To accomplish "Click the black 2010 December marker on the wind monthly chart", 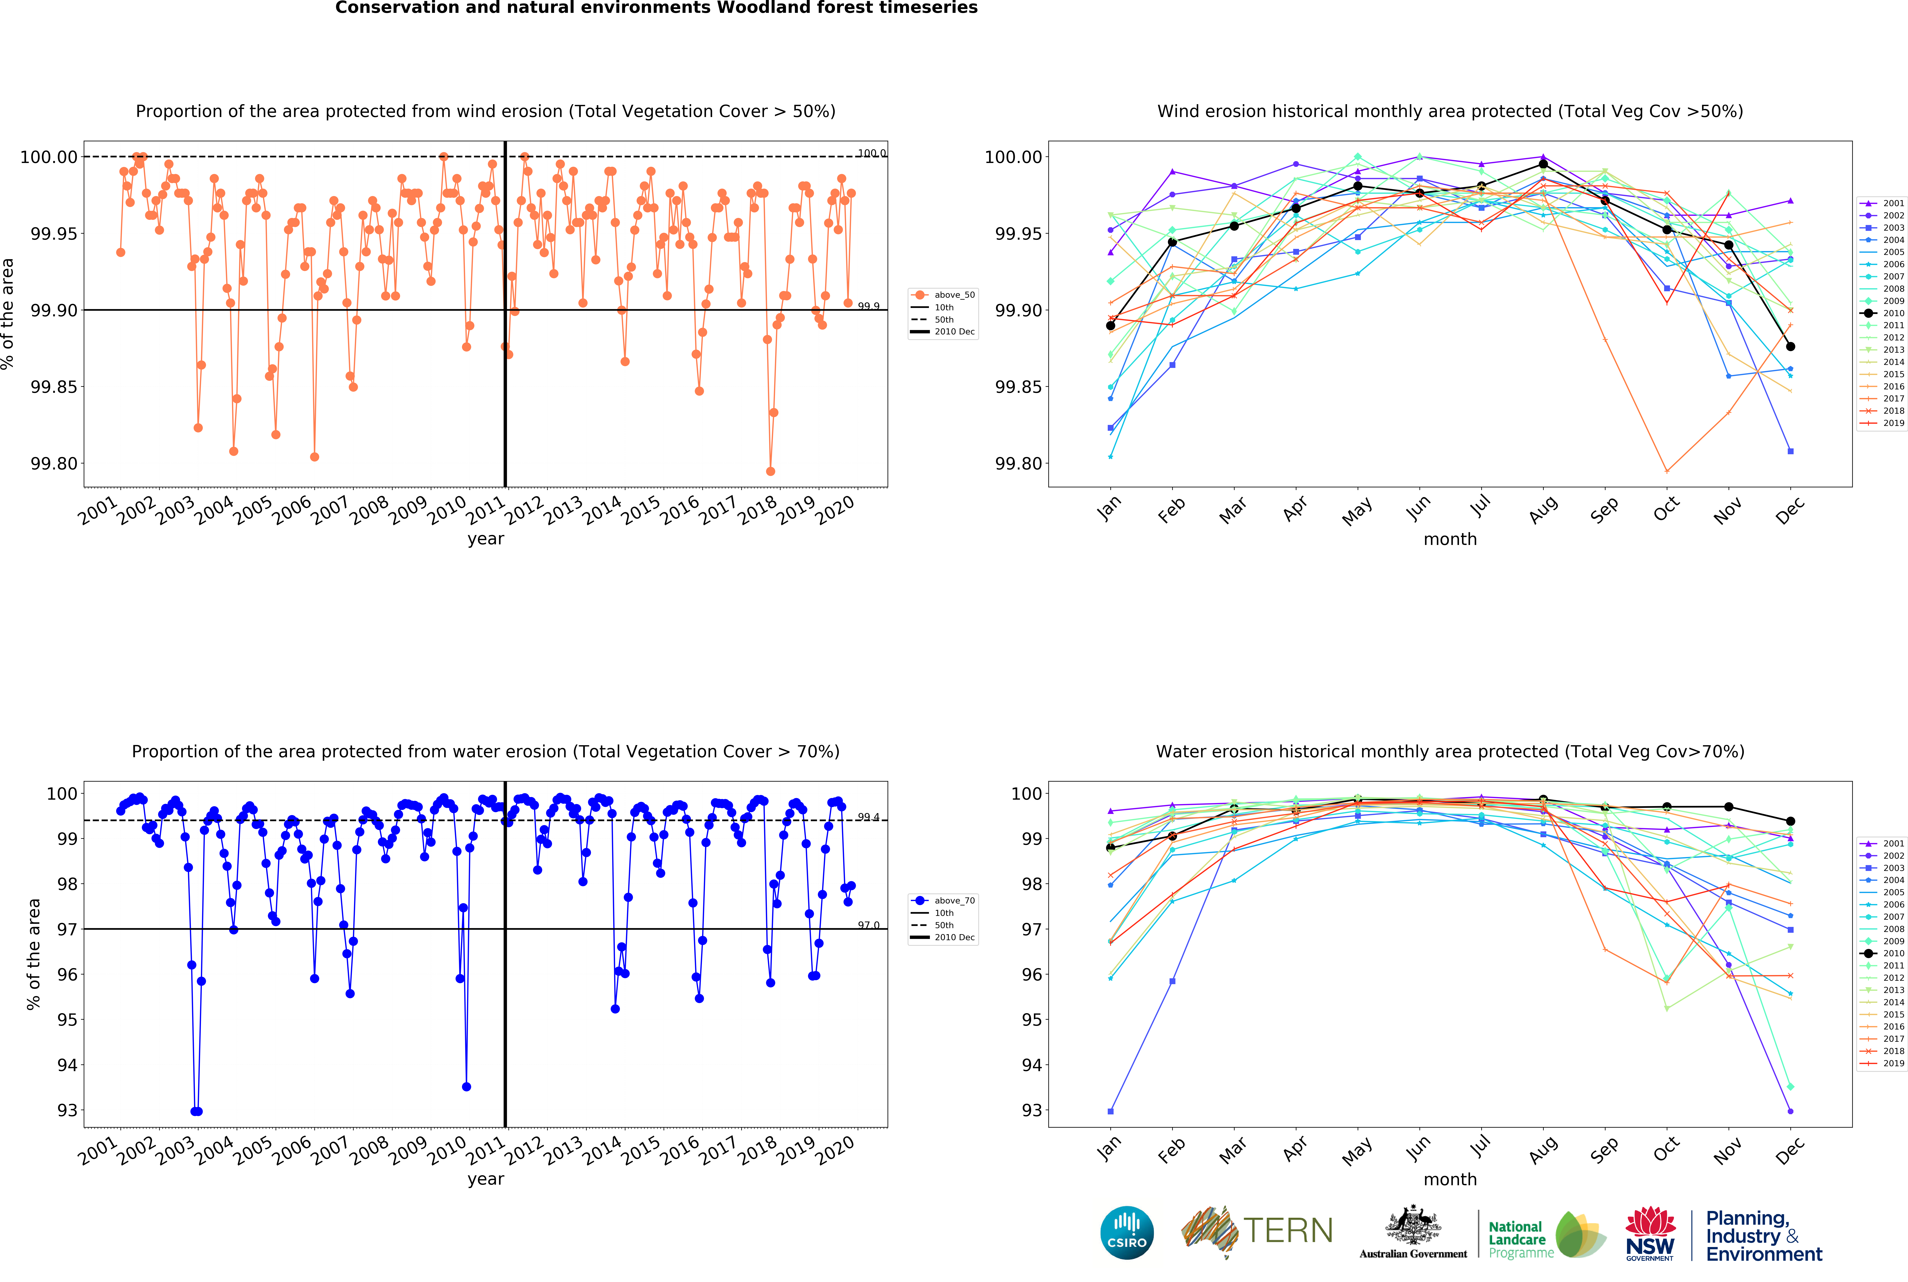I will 1790,347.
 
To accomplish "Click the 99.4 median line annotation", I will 868,817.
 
